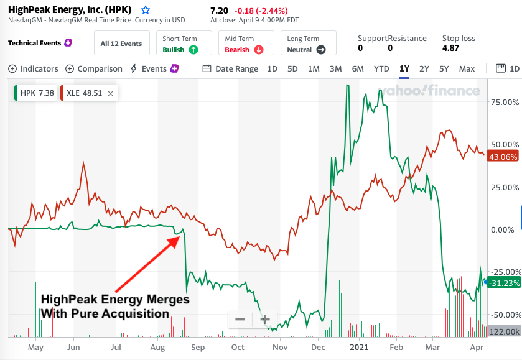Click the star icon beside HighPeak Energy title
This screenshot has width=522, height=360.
[x=146, y=10]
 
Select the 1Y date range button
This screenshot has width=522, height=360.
[x=404, y=68]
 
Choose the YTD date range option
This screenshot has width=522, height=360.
[x=381, y=68]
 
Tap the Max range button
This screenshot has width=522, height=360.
[x=467, y=68]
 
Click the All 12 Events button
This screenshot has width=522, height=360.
[x=121, y=44]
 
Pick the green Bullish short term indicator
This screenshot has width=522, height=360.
[x=180, y=49]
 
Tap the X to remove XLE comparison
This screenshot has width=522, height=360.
[x=110, y=93]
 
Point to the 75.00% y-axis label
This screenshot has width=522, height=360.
[x=505, y=101]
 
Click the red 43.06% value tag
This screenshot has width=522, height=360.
[x=504, y=156]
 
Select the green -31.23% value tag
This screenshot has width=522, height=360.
[x=504, y=283]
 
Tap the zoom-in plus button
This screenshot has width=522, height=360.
[x=264, y=320]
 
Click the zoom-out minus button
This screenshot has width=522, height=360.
[x=240, y=320]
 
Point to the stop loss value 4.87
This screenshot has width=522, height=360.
[x=450, y=48]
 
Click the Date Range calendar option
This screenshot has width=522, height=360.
[x=230, y=68]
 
